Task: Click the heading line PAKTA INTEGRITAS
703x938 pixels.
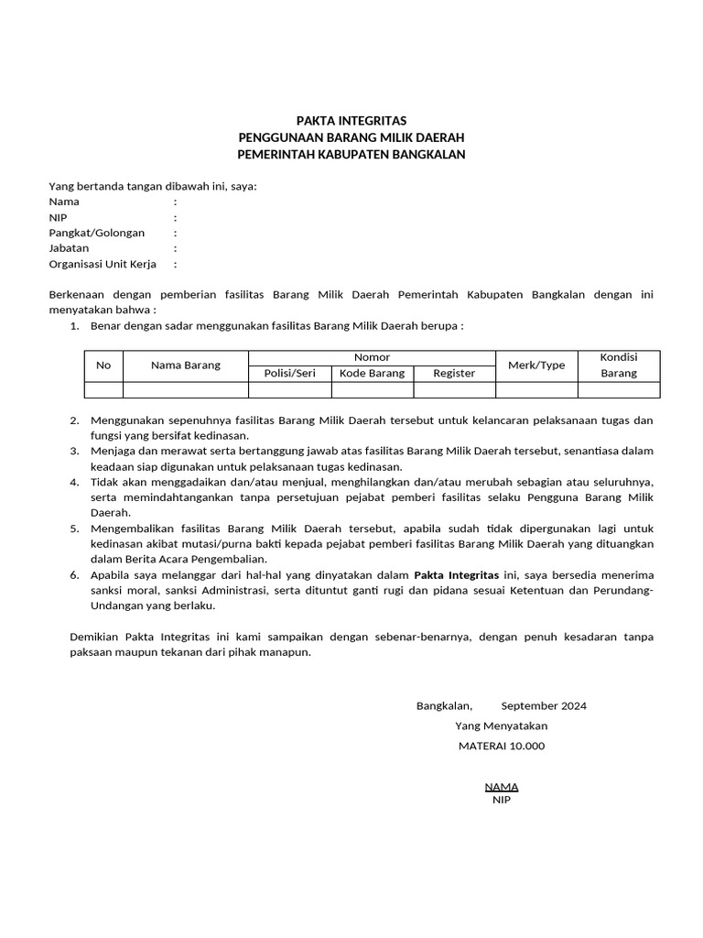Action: [351, 121]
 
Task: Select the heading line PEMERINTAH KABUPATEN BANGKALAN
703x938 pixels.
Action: [351, 154]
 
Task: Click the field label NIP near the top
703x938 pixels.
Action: [58, 217]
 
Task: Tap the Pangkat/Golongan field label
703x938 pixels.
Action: [97, 233]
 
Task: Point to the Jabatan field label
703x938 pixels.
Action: [69, 248]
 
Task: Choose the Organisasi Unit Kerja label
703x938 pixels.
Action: [103, 264]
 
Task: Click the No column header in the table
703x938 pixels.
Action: [103, 365]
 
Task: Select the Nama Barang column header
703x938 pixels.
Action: [186, 365]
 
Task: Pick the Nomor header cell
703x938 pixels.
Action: [372, 357]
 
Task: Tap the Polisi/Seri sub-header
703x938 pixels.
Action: [289, 373]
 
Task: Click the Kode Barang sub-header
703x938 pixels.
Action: [372, 373]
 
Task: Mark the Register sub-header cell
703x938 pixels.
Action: [454, 373]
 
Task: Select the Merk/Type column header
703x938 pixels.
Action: [536, 365]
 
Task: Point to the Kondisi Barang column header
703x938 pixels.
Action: [618, 365]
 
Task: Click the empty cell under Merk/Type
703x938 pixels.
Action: [536, 390]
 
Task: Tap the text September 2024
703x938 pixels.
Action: [544, 705]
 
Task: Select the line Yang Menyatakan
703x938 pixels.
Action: [502, 725]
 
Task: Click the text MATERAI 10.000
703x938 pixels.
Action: [502, 746]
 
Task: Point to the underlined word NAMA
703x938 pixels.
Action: [502, 786]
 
